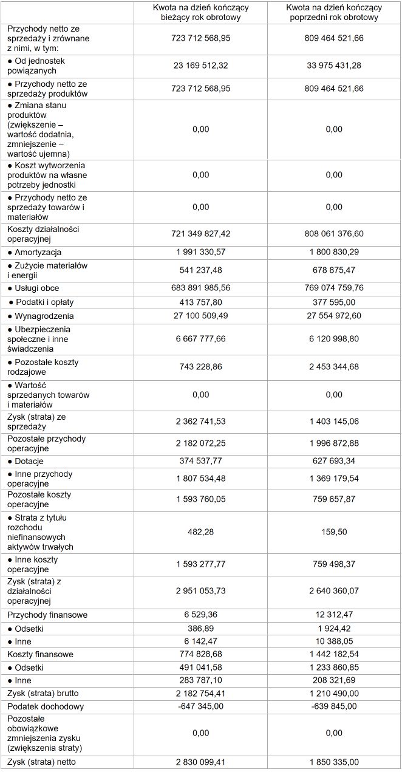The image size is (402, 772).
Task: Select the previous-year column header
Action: click(334, 13)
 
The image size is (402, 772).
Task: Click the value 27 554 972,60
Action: click(334, 316)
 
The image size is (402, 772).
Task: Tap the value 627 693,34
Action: click(334, 461)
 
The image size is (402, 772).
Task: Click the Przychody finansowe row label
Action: click(47, 615)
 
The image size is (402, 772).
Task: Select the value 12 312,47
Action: click(334, 615)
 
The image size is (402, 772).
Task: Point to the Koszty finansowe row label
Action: click(40, 654)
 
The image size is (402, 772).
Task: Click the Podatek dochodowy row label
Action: click(46, 706)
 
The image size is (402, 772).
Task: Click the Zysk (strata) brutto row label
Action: click(43, 693)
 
